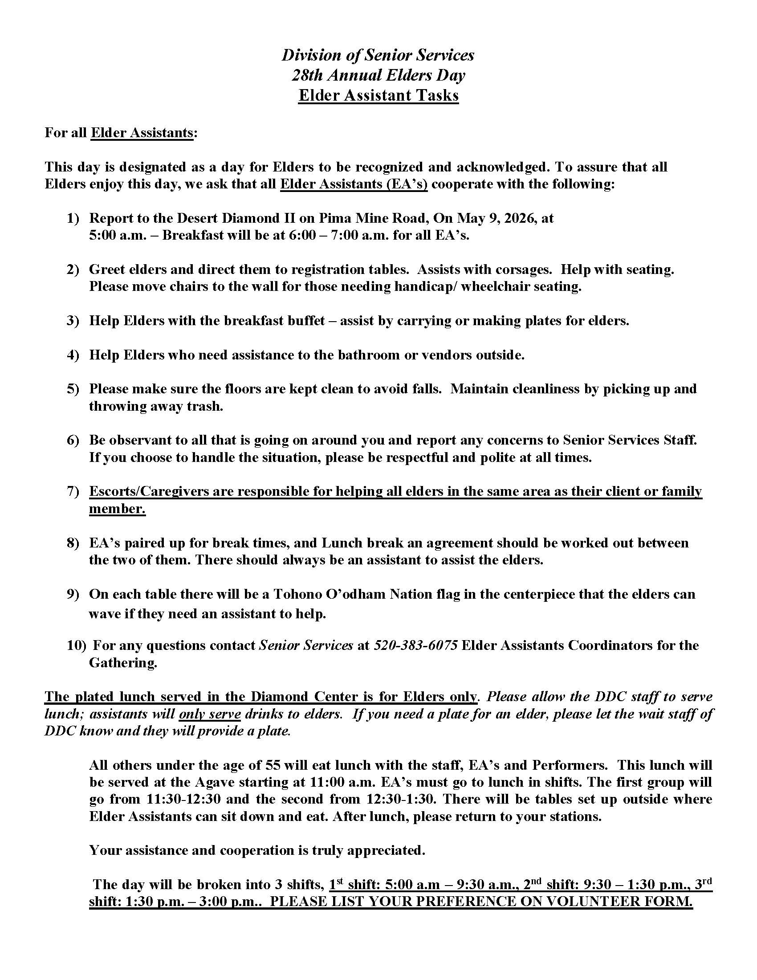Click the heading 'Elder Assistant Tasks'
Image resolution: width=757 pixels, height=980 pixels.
click(378, 95)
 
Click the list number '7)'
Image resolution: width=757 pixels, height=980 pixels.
click(73, 491)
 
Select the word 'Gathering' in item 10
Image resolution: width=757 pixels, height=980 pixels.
click(122, 663)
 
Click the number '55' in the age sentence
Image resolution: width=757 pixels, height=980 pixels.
click(273, 765)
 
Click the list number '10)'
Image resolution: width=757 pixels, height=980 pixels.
click(76, 645)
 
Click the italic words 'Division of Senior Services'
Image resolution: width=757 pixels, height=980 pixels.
click(378, 55)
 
